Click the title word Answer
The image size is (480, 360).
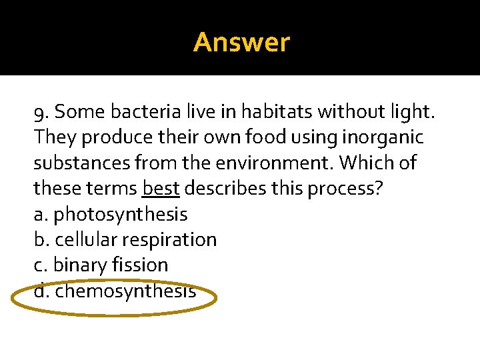point(241,43)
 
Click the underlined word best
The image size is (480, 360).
point(161,189)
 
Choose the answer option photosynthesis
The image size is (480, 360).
point(120,215)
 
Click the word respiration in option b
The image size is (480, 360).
point(175,239)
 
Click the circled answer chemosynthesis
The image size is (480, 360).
point(125,291)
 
